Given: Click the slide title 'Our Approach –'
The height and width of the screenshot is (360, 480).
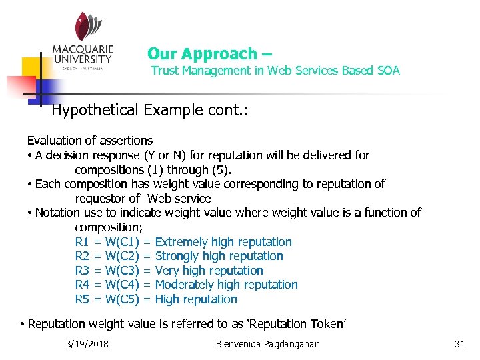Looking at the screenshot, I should point(209,53).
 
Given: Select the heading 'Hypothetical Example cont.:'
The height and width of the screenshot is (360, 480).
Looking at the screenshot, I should point(141,109).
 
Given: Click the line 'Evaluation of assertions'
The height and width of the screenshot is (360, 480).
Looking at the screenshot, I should point(89,141).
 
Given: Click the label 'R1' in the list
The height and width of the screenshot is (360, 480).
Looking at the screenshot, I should point(82,242).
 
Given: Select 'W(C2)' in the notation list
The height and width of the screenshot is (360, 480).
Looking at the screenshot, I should point(121,256).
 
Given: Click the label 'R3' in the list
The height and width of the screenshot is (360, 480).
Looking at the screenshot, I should point(82,271).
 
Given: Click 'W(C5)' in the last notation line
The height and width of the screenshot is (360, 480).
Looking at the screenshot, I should point(121,299).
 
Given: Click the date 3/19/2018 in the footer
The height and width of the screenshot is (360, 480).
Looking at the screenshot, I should point(88,344).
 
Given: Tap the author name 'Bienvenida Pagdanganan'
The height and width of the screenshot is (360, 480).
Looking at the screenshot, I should point(268,344).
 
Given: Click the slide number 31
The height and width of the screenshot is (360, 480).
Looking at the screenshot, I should point(459,344).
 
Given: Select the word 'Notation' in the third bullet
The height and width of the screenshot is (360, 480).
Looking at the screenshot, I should point(57,213).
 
